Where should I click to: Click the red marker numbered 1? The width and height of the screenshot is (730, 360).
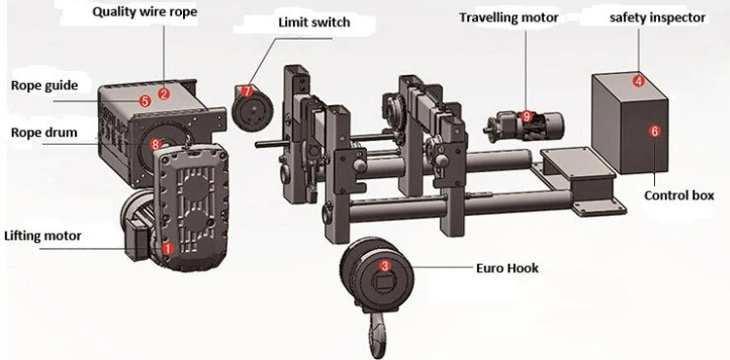pyautogui.click(x=167, y=249)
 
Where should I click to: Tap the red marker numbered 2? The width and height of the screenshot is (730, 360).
pyautogui.click(x=164, y=94)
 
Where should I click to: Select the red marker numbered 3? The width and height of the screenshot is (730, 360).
pyautogui.click(x=384, y=265)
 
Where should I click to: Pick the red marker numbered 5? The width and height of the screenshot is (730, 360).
pyautogui.click(x=144, y=99)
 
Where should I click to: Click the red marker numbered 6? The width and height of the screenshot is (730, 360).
pyautogui.click(x=654, y=129)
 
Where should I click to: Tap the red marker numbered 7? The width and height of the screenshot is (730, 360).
pyautogui.click(x=246, y=90)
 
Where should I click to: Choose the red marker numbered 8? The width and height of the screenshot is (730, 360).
pyautogui.click(x=157, y=144)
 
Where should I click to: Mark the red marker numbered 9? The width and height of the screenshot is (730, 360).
pyautogui.click(x=527, y=116)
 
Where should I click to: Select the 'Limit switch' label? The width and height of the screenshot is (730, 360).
pyautogui.click(x=314, y=22)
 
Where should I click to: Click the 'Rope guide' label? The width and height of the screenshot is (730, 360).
pyautogui.click(x=44, y=86)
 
